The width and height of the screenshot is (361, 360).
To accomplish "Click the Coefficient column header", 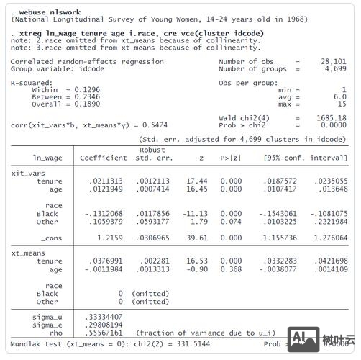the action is tap(103, 158).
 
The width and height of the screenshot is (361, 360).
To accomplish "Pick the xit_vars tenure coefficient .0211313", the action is tap(105, 181).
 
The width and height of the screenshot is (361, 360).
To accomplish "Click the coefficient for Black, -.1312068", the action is tap(103, 214).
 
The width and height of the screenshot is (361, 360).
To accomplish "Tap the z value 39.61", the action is tap(197, 237).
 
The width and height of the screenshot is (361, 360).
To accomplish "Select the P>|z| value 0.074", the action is tap(231, 221).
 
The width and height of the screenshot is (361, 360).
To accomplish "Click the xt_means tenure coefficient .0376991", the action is tap(105, 261).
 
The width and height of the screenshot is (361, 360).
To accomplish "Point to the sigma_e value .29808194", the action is tap(104, 324).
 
